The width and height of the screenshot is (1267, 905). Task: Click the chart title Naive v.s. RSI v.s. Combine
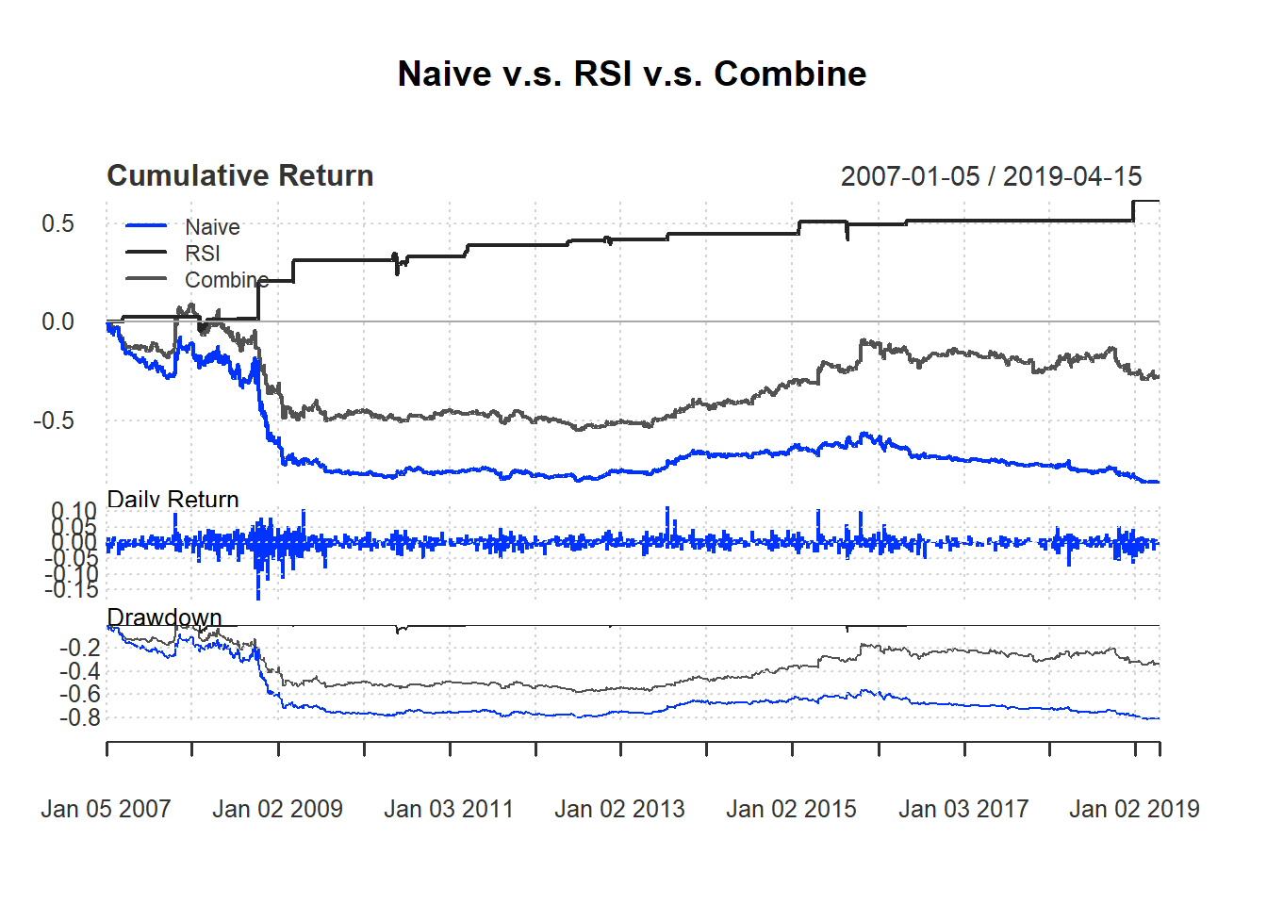pyautogui.click(x=632, y=74)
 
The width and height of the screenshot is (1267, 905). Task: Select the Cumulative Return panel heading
pyautogui.click(x=239, y=176)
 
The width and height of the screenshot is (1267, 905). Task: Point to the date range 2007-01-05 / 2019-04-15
pyautogui.click(x=991, y=176)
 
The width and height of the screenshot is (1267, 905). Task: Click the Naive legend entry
pyautogui.click(x=212, y=227)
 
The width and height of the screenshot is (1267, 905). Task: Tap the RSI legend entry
pyautogui.click(x=203, y=254)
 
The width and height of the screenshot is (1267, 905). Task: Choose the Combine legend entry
pyautogui.click(x=226, y=280)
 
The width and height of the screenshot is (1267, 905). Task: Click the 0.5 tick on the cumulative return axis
pyautogui.click(x=58, y=224)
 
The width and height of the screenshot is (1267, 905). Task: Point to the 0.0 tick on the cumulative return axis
pyautogui.click(x=58, y=322)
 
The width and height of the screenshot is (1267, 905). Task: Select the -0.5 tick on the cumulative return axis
pyautogui.click(x=54, y=420)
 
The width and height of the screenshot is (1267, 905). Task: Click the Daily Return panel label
pyautogui.click(x=173, y=499)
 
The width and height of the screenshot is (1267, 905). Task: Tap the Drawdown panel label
pyautogui.click(x=164, y=617)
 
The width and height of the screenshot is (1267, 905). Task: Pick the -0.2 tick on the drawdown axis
pyautogui.click(x=79, y=648)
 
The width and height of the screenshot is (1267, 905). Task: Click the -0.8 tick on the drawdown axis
pyautogui.click(x=79, y=718)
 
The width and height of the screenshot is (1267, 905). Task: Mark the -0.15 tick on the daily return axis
pyautogui.click(x=71, y=590)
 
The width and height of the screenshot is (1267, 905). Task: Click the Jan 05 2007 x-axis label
pyautogui.click(x=106, y=809)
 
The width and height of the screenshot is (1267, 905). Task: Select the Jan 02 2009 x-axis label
pyautogui.click(x=277, y=809)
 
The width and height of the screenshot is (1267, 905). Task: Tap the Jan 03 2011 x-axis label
pyautogui.click(x=449, y=809)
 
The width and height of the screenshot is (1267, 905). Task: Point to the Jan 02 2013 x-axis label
pyautogui.click(x=619, y=809)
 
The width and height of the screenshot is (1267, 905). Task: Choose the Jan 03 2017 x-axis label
pyautogui.click(x=963, y=809)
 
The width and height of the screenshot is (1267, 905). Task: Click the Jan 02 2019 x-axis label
pyautogui.click(x=1134, y=809)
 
